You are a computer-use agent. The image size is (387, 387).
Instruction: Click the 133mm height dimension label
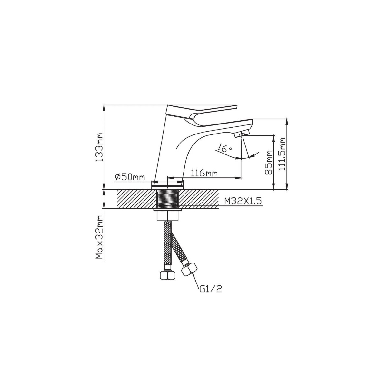[x=99, y=147]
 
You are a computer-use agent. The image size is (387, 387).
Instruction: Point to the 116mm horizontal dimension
[x=204, y=173]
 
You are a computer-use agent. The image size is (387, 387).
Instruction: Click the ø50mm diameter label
[x=130, y=177]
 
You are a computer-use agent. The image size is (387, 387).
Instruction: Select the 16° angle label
[x=223, y=148]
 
